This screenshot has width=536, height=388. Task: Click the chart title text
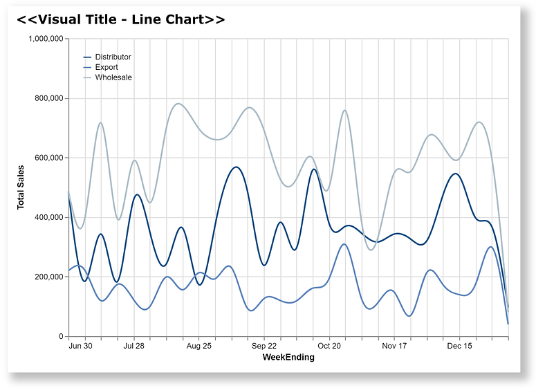click(x=121, y=19)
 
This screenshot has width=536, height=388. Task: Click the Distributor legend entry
click(x=113, y=57)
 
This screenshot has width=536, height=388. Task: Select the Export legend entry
click(x=107, y=67)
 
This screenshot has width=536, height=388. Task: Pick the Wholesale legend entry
click(x=113, y=77)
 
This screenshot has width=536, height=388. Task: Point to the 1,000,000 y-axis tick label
click(x=46, y=39)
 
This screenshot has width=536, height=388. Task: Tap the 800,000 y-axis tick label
click(x=48, y=98)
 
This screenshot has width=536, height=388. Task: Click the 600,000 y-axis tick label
click(x=48, y=158)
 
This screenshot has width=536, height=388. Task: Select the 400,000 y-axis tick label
click(x=48, y=217)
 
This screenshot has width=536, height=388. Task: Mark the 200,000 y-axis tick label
click(x=48, y=277)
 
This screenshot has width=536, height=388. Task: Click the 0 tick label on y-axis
click(x=61, y=336)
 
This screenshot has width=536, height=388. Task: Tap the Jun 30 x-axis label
click(x=81, y=346)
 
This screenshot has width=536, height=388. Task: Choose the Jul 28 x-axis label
click(x=133, y=346)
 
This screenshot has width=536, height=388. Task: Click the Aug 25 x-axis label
click(x=198, y=346)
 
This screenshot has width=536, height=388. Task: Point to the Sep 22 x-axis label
click(x=264, y=346)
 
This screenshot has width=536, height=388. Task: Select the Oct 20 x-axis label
click(x=329, y=346)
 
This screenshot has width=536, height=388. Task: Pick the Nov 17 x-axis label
click(x=394, y=346)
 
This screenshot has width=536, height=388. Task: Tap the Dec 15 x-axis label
click(x=459, y=346)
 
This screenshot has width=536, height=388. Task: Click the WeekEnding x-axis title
click(x=288, y=358)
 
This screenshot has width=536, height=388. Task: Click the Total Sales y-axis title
click(x=21, y=187)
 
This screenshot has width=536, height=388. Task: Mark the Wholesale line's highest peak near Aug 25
click(x=178, y=104)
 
